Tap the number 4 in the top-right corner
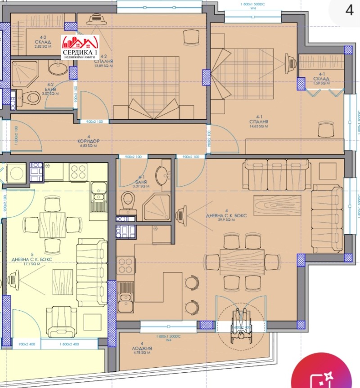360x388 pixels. (x=349, y=11)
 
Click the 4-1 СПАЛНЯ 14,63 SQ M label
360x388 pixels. (x=261, y=124)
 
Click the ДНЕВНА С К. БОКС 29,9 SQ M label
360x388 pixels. (x=227, y=217)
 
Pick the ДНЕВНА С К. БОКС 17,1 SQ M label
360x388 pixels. (x=32, y=262)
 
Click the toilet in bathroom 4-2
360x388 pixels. (x=32, y=96)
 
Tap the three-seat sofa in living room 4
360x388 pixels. (x=277, y=173)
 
